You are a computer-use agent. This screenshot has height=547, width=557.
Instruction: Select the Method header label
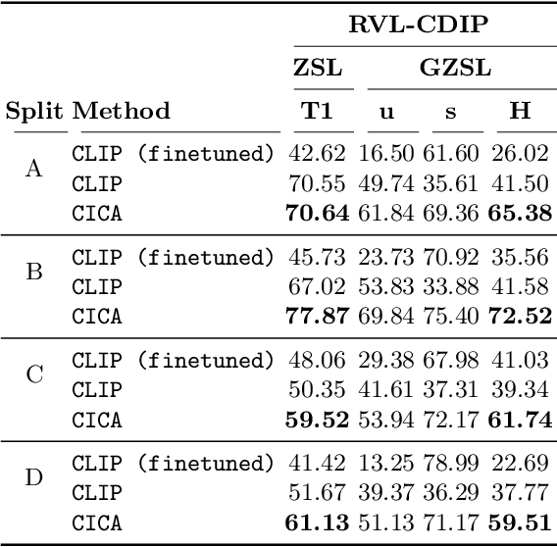point(121,111)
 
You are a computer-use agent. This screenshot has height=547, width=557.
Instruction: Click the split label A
point(32,170)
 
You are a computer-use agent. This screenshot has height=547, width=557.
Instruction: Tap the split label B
point(32,272)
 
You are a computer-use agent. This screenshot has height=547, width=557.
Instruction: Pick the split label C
point(32,375)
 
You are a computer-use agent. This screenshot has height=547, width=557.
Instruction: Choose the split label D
point(32,479)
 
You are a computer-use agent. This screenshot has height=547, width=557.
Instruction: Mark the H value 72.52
point(522,317)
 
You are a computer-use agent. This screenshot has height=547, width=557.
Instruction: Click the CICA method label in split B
point(97,317)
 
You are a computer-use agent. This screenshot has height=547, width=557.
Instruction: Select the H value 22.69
point(522,464)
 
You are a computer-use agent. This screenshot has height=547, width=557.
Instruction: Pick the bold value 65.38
point(522,213)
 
